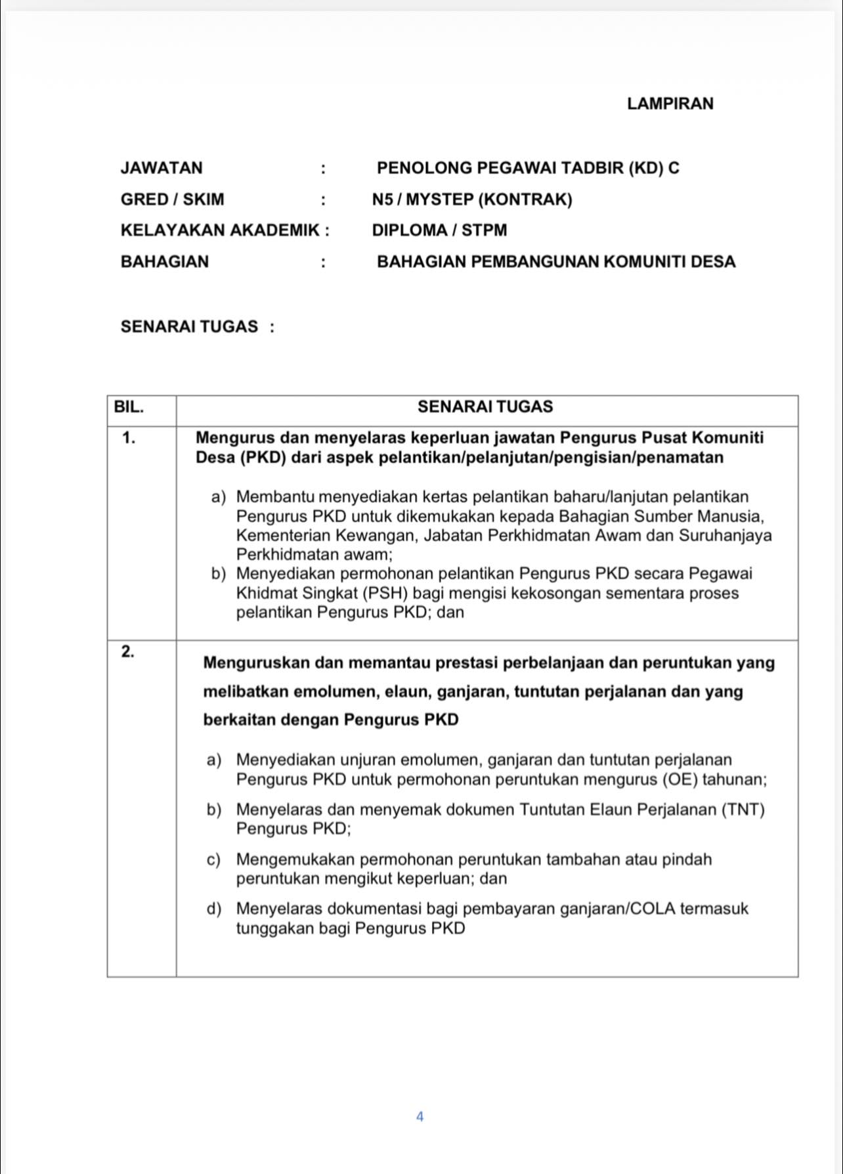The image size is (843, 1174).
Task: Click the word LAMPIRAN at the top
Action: click(670, 104)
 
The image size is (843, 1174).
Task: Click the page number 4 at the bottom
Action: click(420, 1116)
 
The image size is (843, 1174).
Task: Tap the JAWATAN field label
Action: click(162, 168)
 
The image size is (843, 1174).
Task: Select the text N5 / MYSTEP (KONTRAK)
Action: click(471, 200)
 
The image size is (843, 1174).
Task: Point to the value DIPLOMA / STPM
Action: click(439, 230)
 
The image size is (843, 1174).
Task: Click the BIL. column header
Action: click(129, 407)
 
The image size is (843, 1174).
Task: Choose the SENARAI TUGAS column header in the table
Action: click(485, 407)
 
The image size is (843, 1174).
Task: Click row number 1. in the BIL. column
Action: click(129, 439)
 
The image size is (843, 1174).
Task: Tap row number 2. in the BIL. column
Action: click(128, 651)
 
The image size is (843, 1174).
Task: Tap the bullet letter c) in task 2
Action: click(213, 859)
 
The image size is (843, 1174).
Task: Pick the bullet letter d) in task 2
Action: click(213, 909)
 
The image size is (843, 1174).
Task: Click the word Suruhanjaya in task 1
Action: click(725, 535)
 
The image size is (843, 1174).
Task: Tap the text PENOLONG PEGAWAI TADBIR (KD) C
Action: click(528, 168)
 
